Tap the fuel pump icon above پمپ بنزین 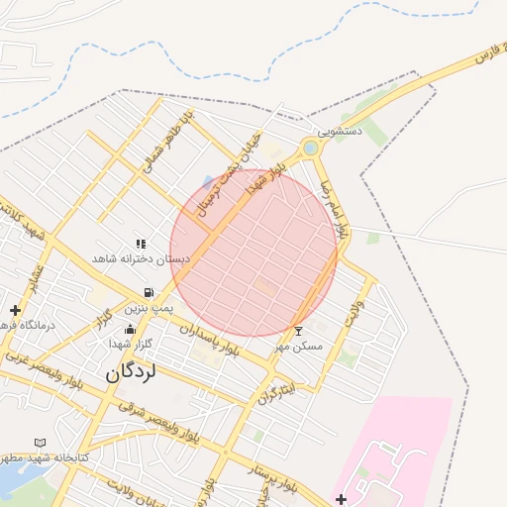tap(149, 293)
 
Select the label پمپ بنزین tap(150, 309)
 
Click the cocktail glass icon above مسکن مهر tap(299, 330)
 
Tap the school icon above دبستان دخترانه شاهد tap(141, 244)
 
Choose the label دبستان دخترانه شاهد tap(141, 258)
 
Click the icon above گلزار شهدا tap(130, 330)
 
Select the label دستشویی tap(340, 130)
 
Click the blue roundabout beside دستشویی tap(311, 149)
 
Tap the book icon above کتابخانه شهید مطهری tap(41, 443)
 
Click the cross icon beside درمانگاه tap(15, 310)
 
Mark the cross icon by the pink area tap(342, 498)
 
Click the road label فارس tap(485, 56)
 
